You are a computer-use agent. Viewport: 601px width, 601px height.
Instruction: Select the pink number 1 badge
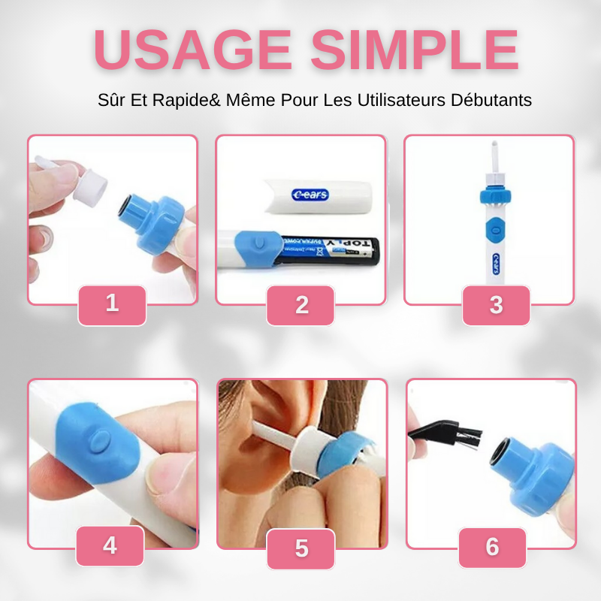pyautogui.click(x=112, y=304)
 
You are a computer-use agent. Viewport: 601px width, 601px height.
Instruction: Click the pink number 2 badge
pyautogui.click(x=301, y=305)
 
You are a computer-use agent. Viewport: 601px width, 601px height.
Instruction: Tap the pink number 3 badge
pyautogui.click(x=496, y=305)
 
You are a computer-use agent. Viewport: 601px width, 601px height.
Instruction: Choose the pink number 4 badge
pyautogui.click(x=110, y=545)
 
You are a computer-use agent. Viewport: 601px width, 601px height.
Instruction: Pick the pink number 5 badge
pyautogui.click(x=301, y=548)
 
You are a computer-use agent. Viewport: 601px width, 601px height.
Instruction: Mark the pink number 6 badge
pyautogui.click(x=492, y=547)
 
